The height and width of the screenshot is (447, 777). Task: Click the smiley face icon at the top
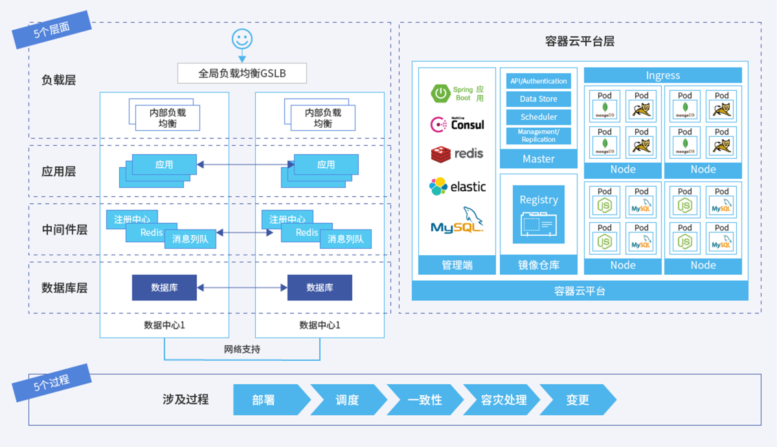(x=242, y=39)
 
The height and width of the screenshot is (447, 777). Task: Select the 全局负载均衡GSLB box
(x=242, y=74)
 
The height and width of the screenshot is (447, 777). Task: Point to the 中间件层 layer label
(x=64, y=229)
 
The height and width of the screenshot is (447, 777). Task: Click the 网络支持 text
(x=242, y=349)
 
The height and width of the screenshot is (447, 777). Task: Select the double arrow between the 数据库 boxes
(x=242, y=287)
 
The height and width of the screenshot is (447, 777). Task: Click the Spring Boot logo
(x=442, y=94)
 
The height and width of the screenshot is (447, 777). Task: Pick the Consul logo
(x=457, y=123)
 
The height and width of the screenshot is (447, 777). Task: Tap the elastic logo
(x=457, y=187)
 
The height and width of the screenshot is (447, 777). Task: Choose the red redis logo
(x=457, y=154)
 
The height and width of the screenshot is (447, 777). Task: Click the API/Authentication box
(x=539, y=81)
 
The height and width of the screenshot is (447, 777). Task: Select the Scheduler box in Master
(x=539, y=117)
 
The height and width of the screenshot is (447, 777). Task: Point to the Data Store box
(x=539, y=99)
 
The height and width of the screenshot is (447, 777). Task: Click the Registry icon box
(x=539, y=214)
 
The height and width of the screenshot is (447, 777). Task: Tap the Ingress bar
(x=663, y=75)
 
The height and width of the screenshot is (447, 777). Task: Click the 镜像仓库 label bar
(x=539, y=265)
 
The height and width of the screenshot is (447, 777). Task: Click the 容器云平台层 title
(x=580, y=41)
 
